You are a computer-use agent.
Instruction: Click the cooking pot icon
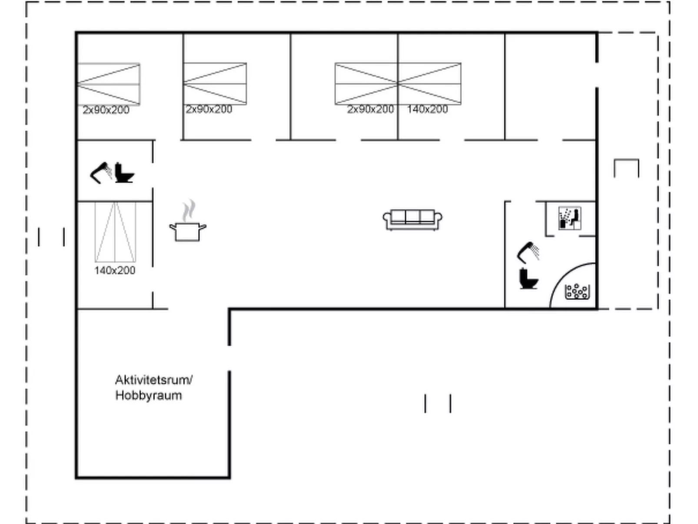(x=188, y=232)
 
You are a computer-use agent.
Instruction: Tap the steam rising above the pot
(x=189, y=210)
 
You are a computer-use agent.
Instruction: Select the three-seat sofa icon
(x=412, y=220)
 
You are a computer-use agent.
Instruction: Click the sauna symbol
(x=570, y=218)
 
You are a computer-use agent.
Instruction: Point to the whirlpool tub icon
(x=578, y=291)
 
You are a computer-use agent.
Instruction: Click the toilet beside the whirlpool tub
(x=529, y=279)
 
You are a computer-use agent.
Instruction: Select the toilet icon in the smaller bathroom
(x=124, y=173)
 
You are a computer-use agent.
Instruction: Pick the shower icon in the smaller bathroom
(x=101, y=173)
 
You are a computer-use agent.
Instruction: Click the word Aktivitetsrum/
(x=154, y=380)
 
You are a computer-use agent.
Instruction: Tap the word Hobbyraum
(x=149, y=395)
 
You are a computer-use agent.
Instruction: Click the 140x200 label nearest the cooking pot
(x=115, y=270)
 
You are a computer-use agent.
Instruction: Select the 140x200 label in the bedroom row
(x=427, y=110)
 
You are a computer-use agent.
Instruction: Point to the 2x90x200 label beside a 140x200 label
(x=370, y=110)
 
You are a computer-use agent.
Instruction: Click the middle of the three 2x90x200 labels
(x=209, y=110)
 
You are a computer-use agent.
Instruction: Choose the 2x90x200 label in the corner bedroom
(x=106, y=110)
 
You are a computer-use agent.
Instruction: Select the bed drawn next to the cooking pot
(x=115, y=232)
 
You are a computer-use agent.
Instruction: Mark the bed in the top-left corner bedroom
(x=109, y=84)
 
